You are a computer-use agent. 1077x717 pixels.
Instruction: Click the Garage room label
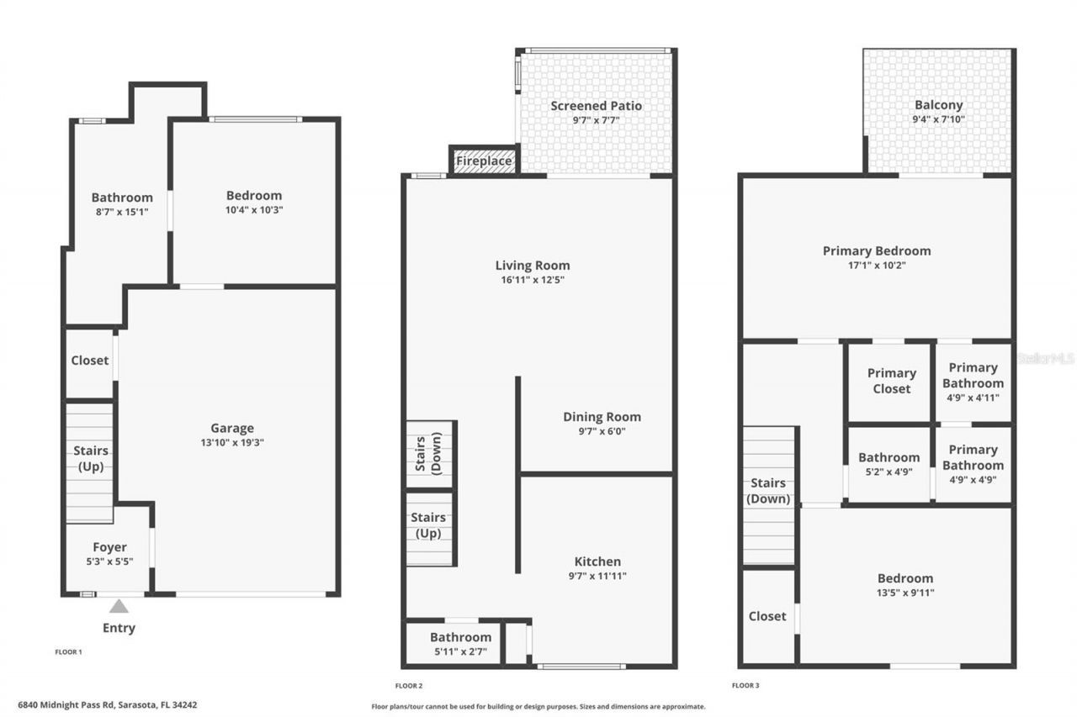231,428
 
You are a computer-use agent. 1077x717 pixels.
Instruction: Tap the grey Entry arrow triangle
119,606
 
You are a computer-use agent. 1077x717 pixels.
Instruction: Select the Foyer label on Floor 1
109,547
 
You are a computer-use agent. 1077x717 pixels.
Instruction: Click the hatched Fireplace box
484,161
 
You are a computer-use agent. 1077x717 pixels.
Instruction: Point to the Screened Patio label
596,106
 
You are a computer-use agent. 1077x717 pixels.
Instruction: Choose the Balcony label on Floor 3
938,106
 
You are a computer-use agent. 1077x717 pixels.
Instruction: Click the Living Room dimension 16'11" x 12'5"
533,280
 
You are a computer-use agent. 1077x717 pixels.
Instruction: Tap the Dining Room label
602,417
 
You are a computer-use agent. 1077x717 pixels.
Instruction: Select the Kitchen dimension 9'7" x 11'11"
597,576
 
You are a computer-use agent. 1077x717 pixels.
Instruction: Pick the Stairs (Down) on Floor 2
429,454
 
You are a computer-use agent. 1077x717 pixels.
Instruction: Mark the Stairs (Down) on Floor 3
768,491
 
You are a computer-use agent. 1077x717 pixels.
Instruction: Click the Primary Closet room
891,381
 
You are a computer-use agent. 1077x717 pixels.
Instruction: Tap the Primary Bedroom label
877,250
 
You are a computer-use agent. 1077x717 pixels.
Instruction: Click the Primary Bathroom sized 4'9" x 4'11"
973,382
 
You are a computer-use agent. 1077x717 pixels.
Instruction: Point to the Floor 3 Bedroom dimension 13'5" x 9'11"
905,593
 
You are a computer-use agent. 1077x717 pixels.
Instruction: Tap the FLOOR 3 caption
745,685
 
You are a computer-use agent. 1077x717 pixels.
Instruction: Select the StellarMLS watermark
1046,358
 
